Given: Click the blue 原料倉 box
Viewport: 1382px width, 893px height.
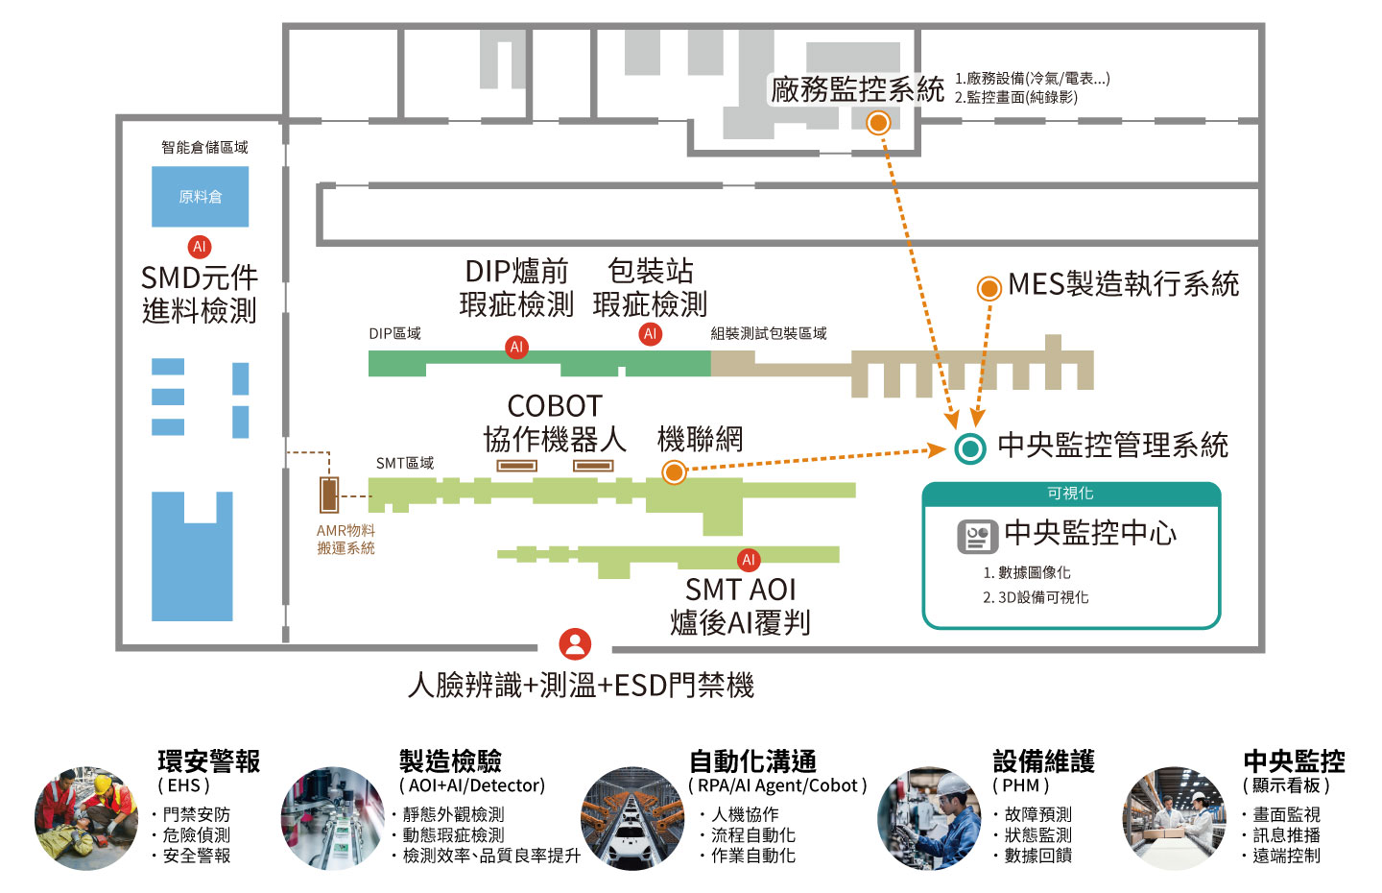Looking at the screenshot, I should coord(200,197).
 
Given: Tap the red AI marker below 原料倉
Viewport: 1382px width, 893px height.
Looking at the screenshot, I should coord(199,247).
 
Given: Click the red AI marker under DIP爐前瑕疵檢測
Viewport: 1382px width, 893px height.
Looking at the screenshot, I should coord(516,348).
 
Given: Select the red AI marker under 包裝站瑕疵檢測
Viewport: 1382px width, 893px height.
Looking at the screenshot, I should coord(650,334).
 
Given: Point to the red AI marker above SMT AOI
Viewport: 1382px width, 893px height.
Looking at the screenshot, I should coord(749,560).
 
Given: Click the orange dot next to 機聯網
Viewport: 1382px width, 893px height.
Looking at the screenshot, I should coord(674,471).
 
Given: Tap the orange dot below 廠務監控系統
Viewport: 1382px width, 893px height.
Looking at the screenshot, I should coord(877,123).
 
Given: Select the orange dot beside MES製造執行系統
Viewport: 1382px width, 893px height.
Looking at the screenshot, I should coord(988,288).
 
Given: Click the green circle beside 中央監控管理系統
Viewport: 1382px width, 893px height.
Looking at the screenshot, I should coord(970,448).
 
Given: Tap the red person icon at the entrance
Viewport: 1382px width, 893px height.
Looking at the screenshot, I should coord(575,643).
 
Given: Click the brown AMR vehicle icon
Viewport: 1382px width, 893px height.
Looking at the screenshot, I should coord(329,495).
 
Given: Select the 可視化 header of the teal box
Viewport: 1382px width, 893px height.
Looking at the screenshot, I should coord(1070,494).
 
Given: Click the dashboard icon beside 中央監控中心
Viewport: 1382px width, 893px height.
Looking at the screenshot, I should coord(977,536).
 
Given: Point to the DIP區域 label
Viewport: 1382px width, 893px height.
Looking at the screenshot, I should coord(394,333).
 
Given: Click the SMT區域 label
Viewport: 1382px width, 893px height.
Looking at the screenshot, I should coord(404,463).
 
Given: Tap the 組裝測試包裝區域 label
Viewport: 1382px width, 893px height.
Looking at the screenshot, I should coord(768,333).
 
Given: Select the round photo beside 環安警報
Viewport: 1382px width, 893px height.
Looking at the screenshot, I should coord(85,818).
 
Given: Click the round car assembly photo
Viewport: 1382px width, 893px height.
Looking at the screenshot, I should coord(631,818).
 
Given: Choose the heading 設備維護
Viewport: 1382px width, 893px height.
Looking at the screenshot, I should coord(1043,761).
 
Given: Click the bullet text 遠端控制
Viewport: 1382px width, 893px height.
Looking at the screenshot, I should coord(1286,856).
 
